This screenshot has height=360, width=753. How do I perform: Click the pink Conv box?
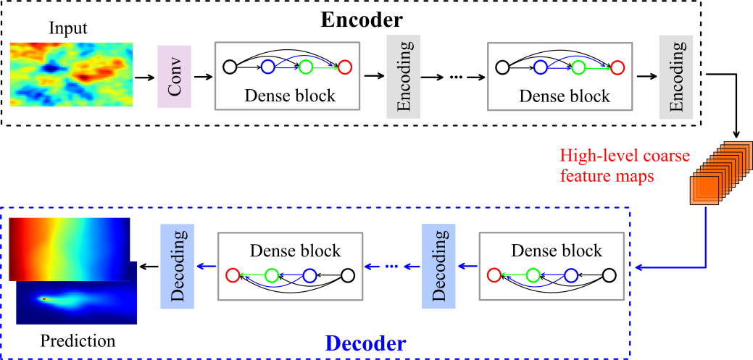174,76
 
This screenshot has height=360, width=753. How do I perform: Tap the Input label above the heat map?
68,29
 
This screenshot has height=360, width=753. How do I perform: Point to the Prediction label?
78,340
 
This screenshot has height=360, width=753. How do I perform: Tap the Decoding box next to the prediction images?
176,266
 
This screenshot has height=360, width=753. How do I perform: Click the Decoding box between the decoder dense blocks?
438,266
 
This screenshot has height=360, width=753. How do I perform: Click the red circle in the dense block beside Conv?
344,67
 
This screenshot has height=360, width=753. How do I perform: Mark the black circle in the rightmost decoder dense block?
609,275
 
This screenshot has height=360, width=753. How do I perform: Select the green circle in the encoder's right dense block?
578,67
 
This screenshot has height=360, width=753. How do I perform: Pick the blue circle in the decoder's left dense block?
309,275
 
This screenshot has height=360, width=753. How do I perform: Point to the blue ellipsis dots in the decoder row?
392,267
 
